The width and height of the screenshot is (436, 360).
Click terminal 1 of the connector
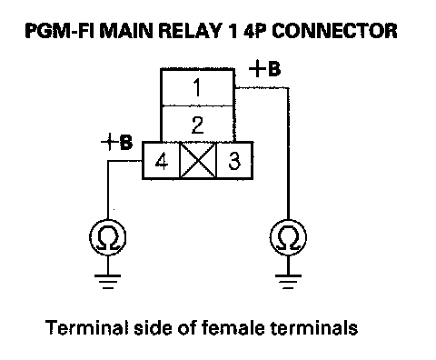point(197,88)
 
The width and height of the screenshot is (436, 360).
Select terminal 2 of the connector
point(197,124)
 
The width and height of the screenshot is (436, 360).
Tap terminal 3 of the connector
point(234,160)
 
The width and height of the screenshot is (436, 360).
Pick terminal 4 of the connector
point(161,160)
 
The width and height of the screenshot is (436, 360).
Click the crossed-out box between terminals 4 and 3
point(198,160)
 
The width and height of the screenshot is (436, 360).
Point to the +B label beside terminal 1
point(264,69)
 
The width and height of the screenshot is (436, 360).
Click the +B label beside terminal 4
point(116,142)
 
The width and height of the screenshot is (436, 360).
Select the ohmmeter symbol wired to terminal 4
point(108,237)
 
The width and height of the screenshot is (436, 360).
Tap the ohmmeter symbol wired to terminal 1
point(288,237)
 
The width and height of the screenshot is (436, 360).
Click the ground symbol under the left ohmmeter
point(108,282)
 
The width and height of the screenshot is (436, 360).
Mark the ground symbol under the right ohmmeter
point(288,282)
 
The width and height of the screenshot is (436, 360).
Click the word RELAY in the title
point(189,31)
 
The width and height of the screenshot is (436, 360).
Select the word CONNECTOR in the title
point(334,31)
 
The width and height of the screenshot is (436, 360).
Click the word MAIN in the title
point(126,31)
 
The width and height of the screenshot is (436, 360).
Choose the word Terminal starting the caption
point(88,328)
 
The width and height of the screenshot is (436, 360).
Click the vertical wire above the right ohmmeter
point(288,154)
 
